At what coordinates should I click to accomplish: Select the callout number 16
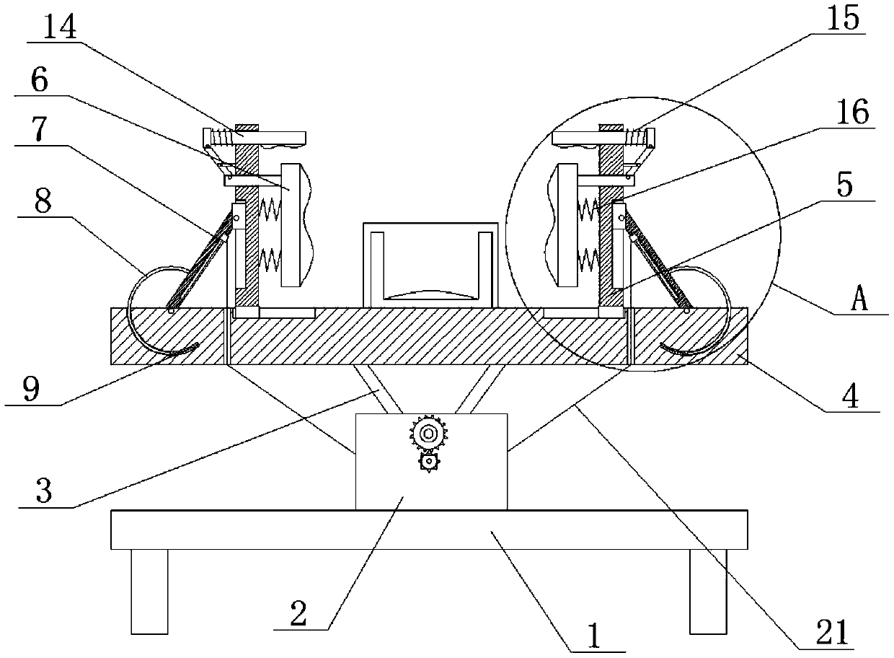tap(851, 113)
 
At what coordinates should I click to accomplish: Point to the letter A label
tap(859, 300)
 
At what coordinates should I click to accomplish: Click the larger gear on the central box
tap(429, 434)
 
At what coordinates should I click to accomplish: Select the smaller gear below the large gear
tap(429, 461)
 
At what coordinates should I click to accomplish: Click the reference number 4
tap(851, 398)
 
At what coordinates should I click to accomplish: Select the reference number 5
tap(845, 186)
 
